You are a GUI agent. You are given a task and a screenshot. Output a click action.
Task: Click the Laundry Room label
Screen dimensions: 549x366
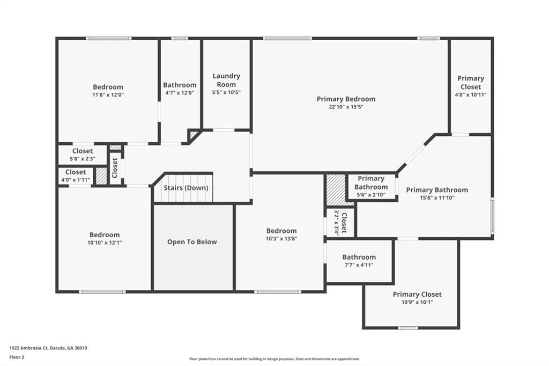pyautogui.click(x=226, y=80)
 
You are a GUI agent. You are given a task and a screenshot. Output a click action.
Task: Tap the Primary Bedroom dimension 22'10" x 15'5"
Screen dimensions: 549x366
pyautogui.click(x=346, y=107)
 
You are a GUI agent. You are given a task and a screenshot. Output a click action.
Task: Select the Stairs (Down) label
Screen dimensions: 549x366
pyautogui.click(x=186, y=188)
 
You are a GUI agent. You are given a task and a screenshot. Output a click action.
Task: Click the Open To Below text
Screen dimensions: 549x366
pyautogui.click(x=192, y=242)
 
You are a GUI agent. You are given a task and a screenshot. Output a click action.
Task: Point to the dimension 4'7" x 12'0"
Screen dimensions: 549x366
pyautogui.click(x=180, y=93)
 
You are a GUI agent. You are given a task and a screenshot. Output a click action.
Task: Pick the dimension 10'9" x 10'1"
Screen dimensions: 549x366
pyautogui.click(x=417, y=302)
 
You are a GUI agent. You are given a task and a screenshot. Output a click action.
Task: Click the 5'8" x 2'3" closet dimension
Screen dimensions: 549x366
pyautogui.click(x=82, y=159)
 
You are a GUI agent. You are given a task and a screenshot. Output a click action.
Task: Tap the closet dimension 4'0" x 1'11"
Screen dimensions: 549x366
pyautogui.click(x=75, y=180)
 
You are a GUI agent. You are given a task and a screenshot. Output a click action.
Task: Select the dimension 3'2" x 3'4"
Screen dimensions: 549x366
pyautogui.click(x=337, y=223)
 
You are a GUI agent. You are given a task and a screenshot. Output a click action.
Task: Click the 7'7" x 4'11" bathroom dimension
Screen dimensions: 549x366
pyautogui.click(x=359, y=265)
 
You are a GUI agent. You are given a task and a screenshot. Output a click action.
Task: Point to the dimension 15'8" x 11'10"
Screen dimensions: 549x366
pyautogui.click(x=437, y=197)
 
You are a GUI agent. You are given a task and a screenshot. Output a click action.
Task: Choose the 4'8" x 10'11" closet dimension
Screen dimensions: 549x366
pyautogui.click(x=471, y=94)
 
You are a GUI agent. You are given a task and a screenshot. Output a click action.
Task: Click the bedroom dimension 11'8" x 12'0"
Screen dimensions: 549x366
pyautogui.click(x=108, y=94)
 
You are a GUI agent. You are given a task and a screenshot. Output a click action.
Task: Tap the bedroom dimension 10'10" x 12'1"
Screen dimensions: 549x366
pyautogui.click(x=105, y=243)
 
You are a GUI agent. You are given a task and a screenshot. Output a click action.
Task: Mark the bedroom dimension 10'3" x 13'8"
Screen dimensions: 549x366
pyautogui.click(x=281, y=239)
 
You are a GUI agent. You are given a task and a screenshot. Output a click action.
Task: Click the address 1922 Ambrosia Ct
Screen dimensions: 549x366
pyautogui.click(x=28, y=348)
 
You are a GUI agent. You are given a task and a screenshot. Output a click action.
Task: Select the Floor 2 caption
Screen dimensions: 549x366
pyautogui.click(x=17, y=357)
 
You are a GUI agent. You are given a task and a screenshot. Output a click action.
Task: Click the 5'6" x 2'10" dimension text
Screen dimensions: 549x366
pyautogui.click(x=371, y=195)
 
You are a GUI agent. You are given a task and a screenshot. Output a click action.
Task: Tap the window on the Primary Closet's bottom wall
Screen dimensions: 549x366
pyautogui.click(x=408, y=328)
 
